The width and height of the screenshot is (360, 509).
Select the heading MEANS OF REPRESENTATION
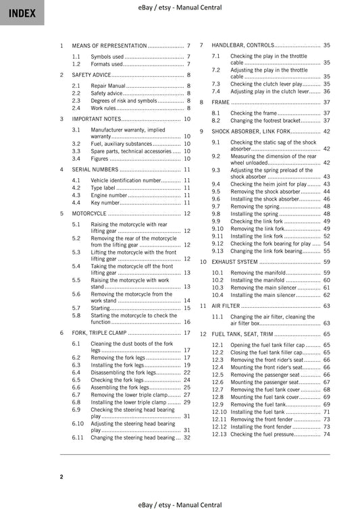(x=109, y=45)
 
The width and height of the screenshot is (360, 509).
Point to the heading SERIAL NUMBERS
(x=95, y=169)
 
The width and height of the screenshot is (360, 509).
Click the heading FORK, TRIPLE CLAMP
(x=99, y=333)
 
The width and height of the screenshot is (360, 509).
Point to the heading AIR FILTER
(x=226, y=305)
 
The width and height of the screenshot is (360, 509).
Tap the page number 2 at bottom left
(x=61, y=477)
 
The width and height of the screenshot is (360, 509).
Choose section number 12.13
(x=220, y=434)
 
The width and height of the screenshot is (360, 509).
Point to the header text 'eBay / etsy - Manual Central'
(x=180, y=7)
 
